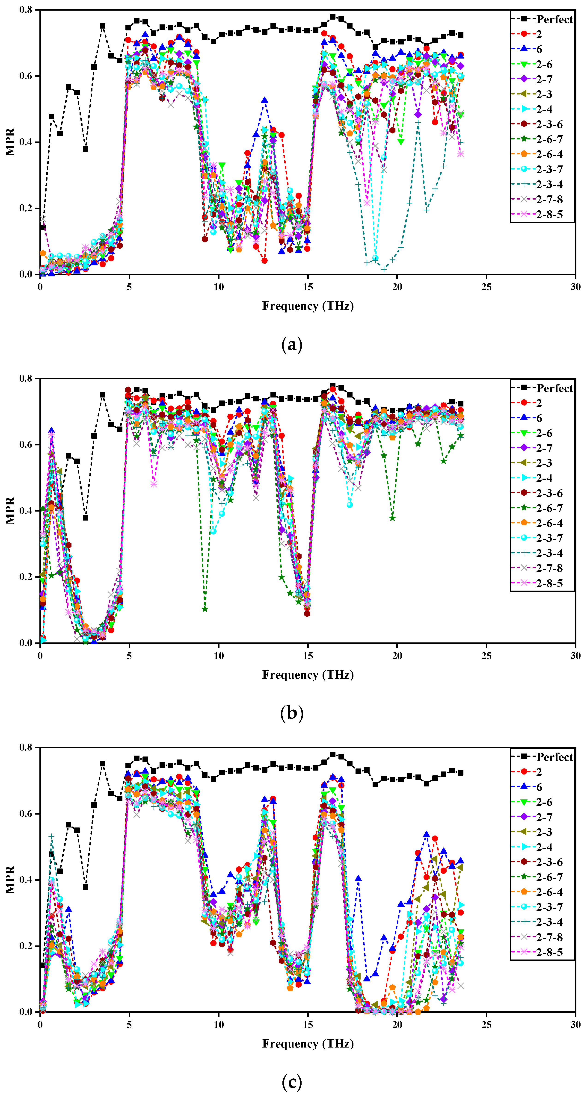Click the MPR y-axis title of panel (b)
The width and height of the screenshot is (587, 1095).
coord(10,511)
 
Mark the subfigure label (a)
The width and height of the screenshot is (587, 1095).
coord(292,344)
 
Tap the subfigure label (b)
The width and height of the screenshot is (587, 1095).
coord(292,713)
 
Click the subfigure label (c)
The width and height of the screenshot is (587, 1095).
coord(292,1082)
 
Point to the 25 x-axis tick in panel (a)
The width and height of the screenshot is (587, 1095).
coord(486,287)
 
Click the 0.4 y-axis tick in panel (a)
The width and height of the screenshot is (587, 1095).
coord(26,142)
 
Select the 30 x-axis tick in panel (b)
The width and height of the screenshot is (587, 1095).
coord(575,656)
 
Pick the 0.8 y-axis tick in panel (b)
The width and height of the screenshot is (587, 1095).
coord(26,378)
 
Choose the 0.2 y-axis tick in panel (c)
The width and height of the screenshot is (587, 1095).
coord(26,946)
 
